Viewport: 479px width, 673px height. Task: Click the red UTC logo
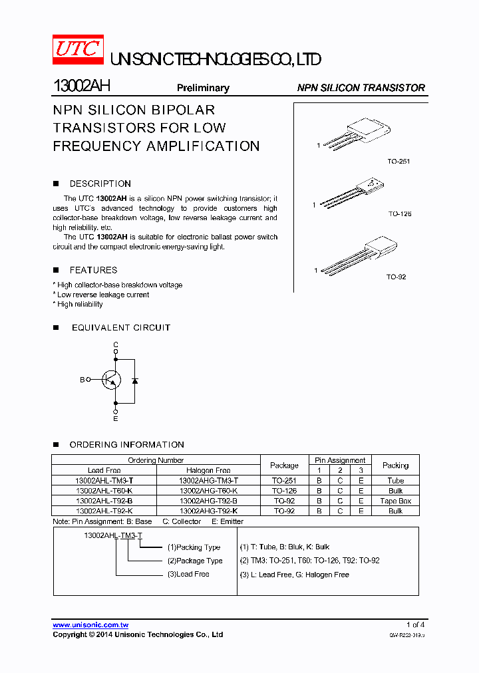click(x=78, y=51)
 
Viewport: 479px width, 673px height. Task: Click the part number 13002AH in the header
click(x=81, y=86)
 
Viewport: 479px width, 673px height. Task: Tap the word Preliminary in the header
click(x=203, y=88)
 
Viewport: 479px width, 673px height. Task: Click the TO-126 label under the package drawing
click(x=400, y=214)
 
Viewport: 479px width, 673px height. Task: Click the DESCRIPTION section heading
click(x=100, y=184)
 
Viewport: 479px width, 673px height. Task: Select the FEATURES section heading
click(x=93, y=270)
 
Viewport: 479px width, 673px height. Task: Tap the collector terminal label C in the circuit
click(x=116, y=344)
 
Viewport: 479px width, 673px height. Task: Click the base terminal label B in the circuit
click(x=82, y=380)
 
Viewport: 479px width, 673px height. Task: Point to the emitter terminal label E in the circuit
click(x=116, y=419)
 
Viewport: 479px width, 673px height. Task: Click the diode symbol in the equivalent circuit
click(x=135, y=380)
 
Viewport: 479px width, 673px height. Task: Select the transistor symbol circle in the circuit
click(x=111, y=380)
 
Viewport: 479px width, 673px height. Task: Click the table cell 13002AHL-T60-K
click(x=104, y=491)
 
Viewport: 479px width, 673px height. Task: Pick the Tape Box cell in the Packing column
click(x=395, y=501)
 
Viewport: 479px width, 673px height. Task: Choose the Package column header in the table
click(x=284, y=465)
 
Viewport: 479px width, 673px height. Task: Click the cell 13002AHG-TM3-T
click(x=208, y=480)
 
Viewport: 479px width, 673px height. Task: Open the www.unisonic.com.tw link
click(x=90, y=625)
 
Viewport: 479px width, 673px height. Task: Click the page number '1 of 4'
click(x=415, y=625)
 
